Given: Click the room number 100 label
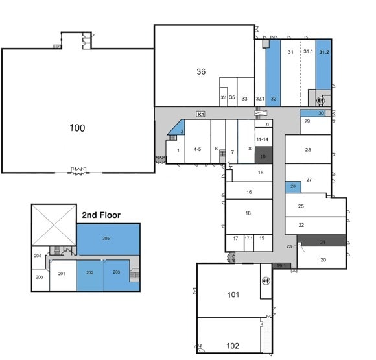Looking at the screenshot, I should [77, 128].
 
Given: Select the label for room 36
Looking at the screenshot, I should [201, 71].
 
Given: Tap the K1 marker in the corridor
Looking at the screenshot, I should [201, 114].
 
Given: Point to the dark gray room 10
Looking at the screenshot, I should [263, 157].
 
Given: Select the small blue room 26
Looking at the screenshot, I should [293, 187].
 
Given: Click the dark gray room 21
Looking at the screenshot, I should [322, 242].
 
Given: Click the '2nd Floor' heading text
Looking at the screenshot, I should [100, 214].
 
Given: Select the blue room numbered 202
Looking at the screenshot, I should [90, 272].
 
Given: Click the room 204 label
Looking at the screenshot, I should [38, 256].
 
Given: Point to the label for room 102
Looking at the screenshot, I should [233, 345].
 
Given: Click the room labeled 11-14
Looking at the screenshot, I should [263, 139].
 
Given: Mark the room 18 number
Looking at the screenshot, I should [248, 213].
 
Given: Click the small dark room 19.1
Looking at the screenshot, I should [281, 265].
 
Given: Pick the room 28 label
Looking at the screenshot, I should [309, 150].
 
